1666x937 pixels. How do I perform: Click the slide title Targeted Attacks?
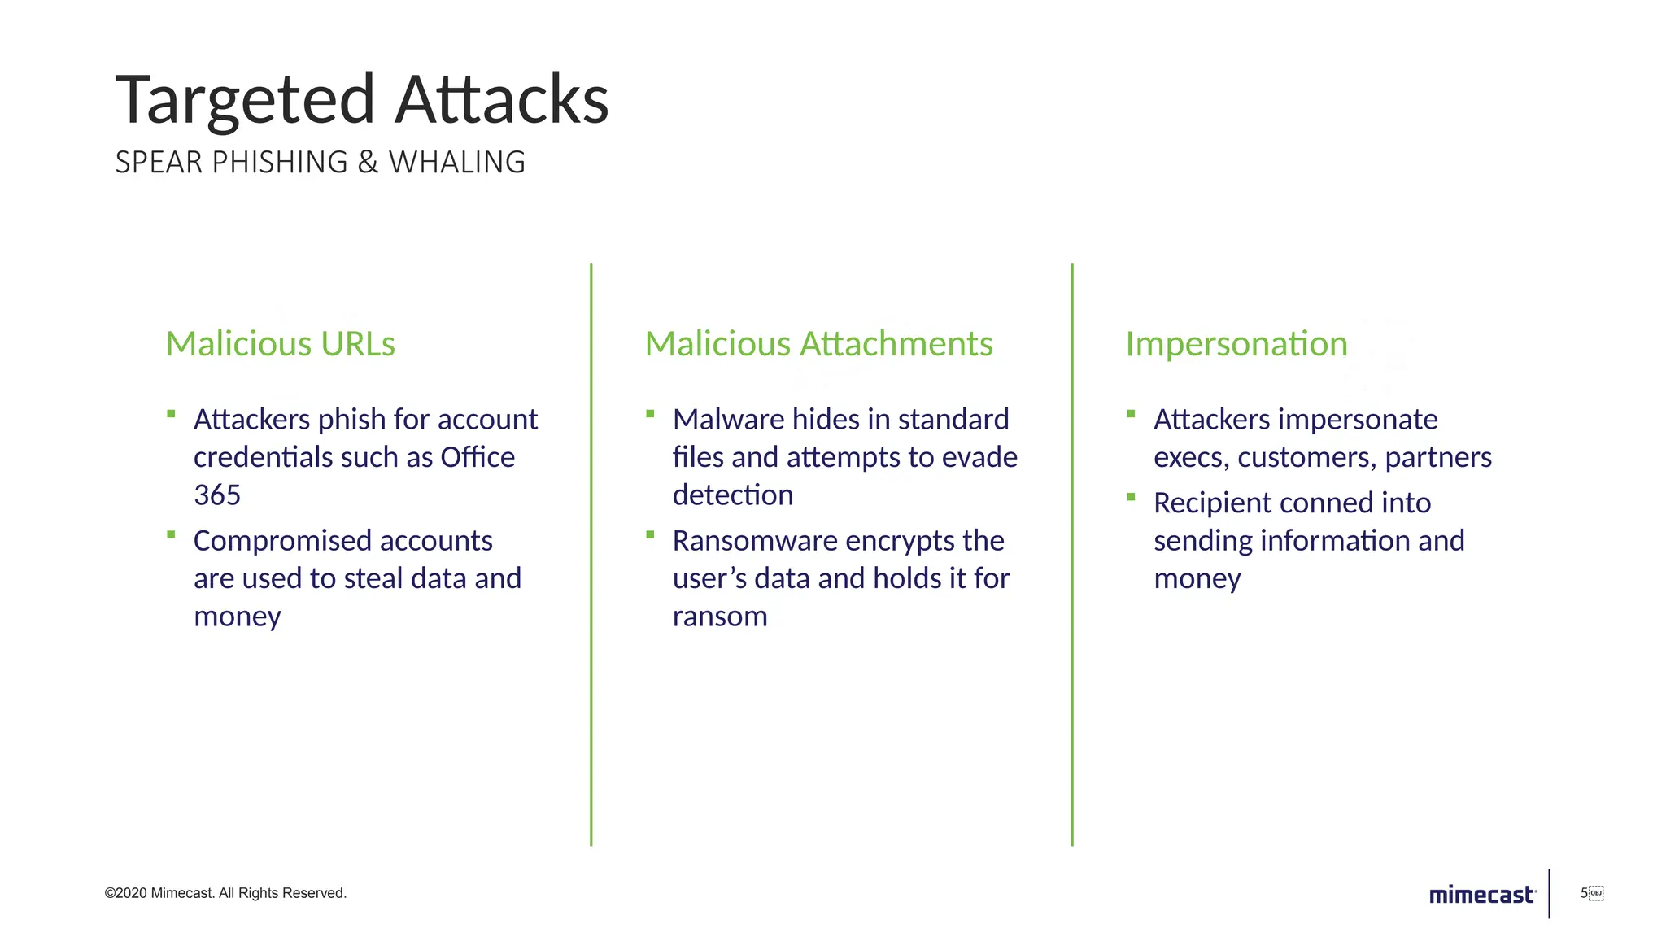click(362, 100)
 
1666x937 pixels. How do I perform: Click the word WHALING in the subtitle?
click(457, 163)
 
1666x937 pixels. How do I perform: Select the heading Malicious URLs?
click(281, 344)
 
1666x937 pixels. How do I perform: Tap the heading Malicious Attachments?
click(818, 344)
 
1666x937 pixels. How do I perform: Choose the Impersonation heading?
click(1236, 344)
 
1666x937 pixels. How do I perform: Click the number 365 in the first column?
click(217, 495)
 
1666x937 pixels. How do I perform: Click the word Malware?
click(728, 420)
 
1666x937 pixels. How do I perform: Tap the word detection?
click(733, 495)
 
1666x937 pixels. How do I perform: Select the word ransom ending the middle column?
click(720, 617)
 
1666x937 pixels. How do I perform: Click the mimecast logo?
click(1482, 895)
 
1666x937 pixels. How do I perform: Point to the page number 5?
click(1584, 893)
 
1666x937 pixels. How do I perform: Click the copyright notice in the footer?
click(225, 893)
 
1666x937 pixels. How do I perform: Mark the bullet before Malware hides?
click(650, 414)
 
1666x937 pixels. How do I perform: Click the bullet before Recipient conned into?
click(1131, 497)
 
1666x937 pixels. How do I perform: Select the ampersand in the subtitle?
click(368, 163)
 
